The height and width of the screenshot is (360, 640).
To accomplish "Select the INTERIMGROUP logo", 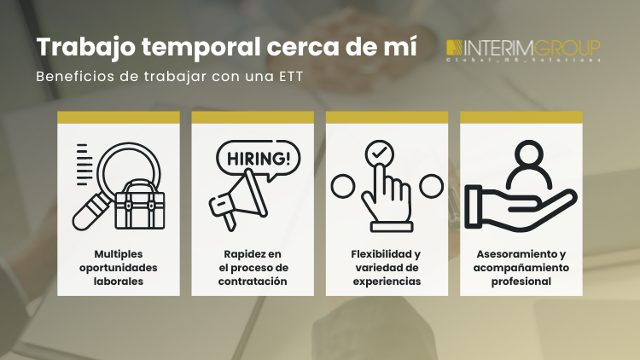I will pos(524,49).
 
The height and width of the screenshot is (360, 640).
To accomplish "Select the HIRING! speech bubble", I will pos(258,160).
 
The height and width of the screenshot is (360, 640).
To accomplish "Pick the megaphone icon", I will pos(235,200).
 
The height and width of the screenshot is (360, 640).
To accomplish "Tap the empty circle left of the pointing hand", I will pos(341,184).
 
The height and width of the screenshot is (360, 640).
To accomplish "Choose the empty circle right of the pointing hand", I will pos(431,184).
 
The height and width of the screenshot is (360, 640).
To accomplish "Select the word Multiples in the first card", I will pos(119,254).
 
